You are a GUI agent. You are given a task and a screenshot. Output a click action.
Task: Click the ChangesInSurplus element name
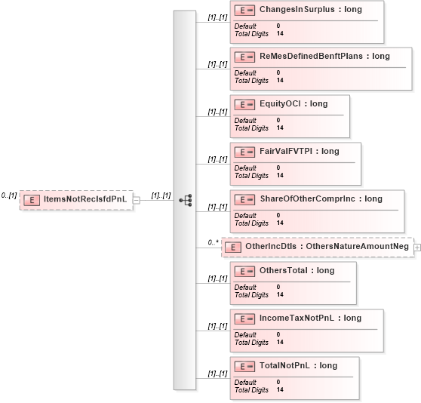click(x=297, y=9)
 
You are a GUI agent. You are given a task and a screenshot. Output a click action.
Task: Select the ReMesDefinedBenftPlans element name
click(x=311, y=56)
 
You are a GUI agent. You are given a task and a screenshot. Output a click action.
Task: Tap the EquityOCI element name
click(x=280, y=103)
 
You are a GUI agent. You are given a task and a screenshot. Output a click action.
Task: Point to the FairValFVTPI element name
click(x=286, y=151)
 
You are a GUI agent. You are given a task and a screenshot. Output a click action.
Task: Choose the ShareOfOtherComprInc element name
click(x=307, y=198)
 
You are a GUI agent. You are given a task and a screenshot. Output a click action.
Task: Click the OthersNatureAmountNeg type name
click(x=357, y=246)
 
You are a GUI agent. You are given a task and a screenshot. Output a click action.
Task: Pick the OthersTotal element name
click(x=284, y=270)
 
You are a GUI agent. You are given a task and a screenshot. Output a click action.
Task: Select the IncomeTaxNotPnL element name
click(x=297, y=318)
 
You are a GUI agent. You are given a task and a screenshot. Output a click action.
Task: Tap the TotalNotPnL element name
click(x=284, y=365)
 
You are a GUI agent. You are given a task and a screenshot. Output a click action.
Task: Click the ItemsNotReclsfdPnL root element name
click(x=85, y=199)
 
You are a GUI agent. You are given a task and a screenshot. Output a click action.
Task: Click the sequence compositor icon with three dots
click(x=186, y=200)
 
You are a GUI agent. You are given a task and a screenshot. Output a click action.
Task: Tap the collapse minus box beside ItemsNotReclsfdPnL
click(x=137, y=200)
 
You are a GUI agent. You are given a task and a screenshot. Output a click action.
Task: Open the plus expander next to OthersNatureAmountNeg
click(x=417, y=248)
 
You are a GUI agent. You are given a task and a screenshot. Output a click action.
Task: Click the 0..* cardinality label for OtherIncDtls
click(x=214, y=242)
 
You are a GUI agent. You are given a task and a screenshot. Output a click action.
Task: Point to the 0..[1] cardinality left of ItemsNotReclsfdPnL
click(x=9, y=195)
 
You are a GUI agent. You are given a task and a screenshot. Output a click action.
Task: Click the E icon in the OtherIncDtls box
click(x=233, y=248)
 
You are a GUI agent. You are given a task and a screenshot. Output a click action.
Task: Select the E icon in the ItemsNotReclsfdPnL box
click(x=32, y=200)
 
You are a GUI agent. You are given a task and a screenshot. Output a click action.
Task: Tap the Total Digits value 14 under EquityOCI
click(x=280, y=128)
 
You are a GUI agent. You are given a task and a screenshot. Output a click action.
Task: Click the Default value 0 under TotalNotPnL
click(x=278, y=382)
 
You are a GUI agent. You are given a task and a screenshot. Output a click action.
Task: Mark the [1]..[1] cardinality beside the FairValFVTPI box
click(x=217, y=159)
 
